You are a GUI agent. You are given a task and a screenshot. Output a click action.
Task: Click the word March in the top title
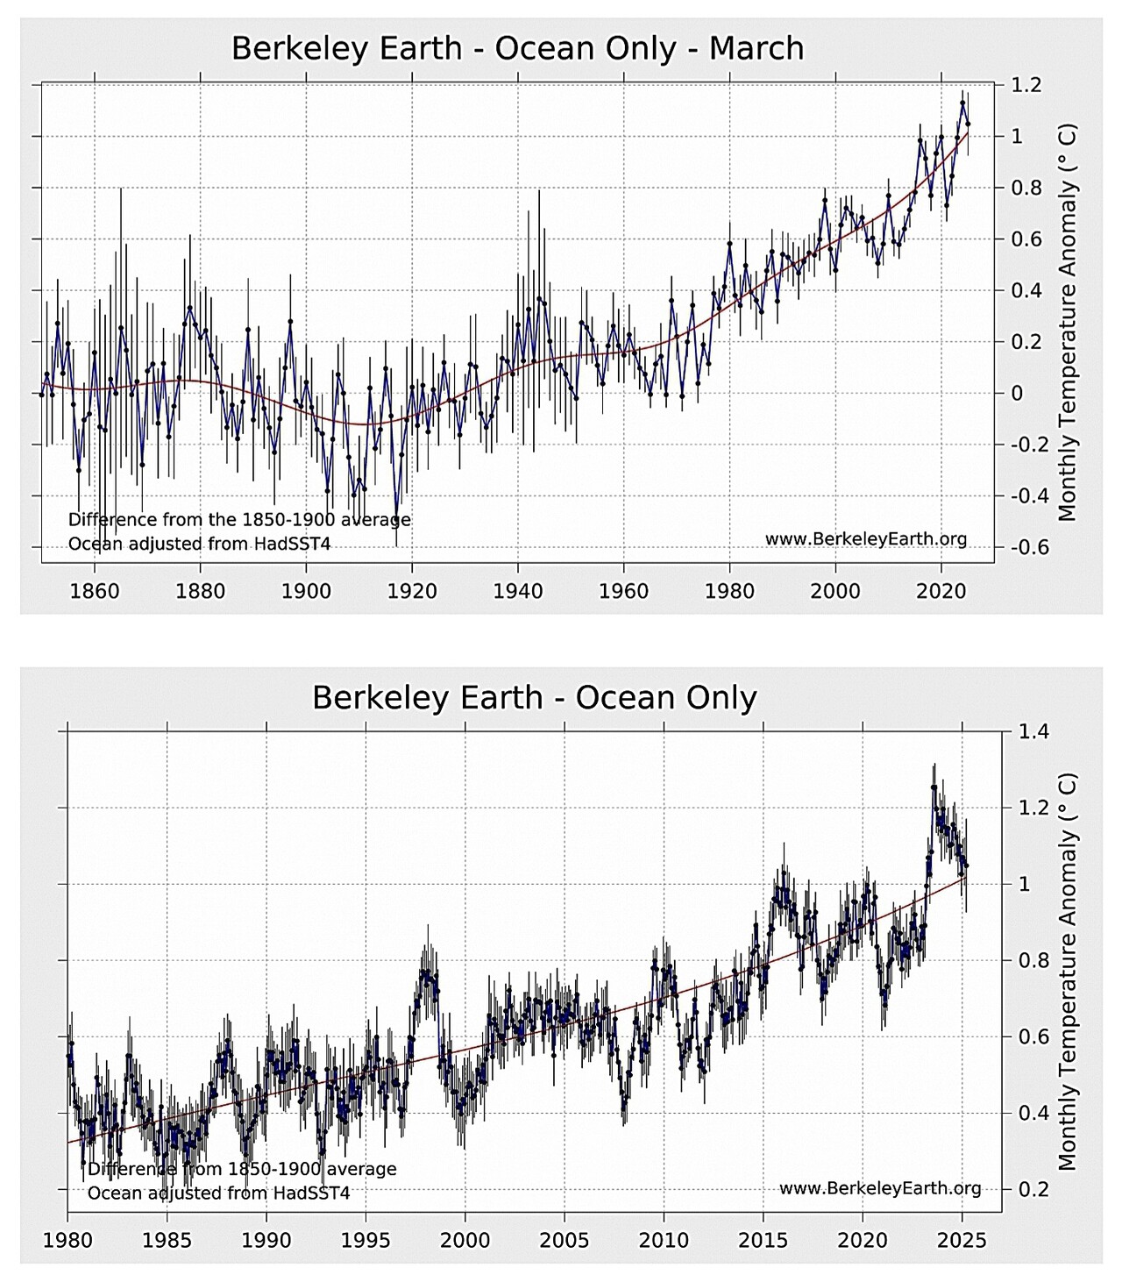pos(756,48)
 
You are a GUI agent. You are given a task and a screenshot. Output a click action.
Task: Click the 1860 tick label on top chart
pos(95,590)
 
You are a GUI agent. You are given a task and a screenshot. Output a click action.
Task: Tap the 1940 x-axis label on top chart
pos(518,590)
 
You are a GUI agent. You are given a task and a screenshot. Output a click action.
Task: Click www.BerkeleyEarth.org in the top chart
pos(866,538)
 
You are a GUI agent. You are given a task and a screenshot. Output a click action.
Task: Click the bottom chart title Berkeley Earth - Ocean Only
pos(534,698)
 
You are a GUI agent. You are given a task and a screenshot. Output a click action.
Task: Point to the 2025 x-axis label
pos(962,1240)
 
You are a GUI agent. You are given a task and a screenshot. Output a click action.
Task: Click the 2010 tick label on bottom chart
pos(664,1240)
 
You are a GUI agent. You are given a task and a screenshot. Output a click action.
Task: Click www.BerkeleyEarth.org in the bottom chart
pos(879,1188)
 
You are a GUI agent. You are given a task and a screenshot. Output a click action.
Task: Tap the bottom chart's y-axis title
pos(1067,972)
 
